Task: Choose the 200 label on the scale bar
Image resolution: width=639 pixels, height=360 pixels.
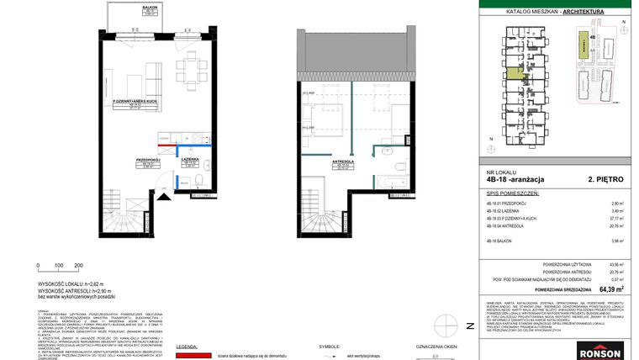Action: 79,266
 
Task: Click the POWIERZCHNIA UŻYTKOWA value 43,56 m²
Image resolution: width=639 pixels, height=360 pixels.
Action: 618,264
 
